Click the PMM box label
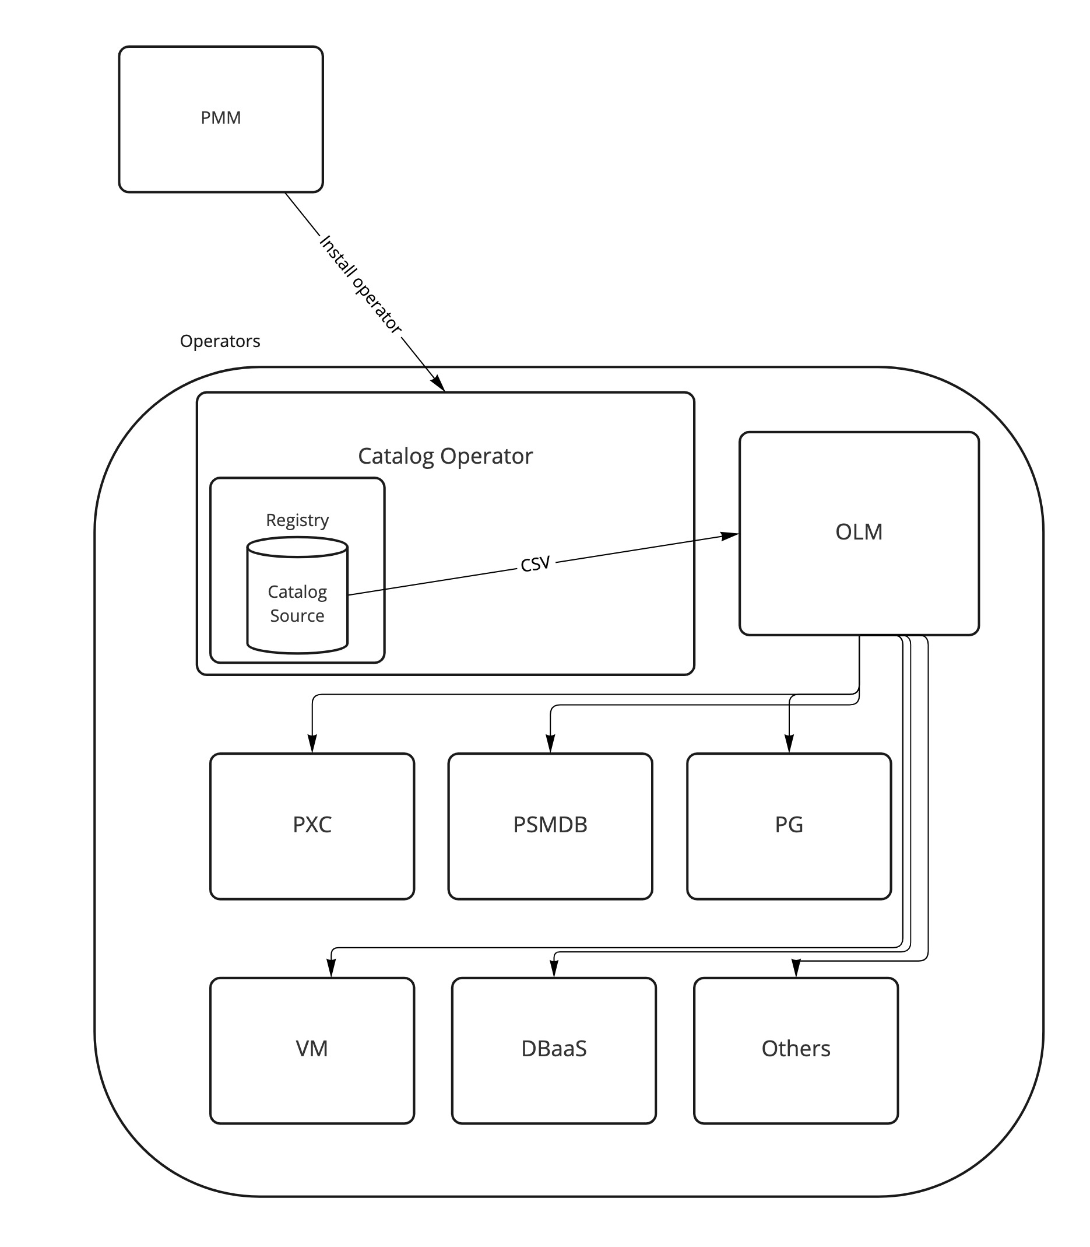[221, 117]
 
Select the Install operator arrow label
[360, 284]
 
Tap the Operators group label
[220, 341]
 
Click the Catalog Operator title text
[445, 456]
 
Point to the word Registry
[297, 520]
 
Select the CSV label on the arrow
[535, 564]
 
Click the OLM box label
[858, 532]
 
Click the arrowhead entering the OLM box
[730, 535]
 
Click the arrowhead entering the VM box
[331, 968]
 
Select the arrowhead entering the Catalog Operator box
[438, 384]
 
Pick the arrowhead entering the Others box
[796, 968]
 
